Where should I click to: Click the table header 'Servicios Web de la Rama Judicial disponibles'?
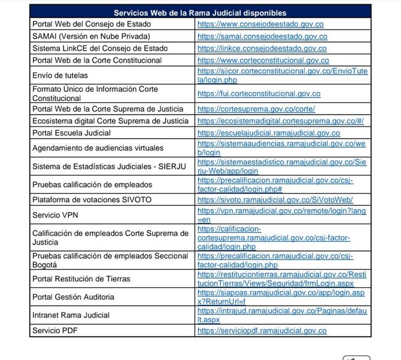click(x=200, y=13)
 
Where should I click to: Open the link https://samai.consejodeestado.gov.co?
click(x=262, y=36)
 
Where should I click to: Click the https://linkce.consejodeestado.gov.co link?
click(x=262, y=49)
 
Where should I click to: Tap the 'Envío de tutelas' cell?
click(x=60, y=75)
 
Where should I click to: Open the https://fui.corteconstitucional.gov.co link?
click(x=258, y=94)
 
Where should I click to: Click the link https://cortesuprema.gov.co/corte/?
click(x=247, y=109)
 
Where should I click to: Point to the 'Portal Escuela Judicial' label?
click(x=72, y=133)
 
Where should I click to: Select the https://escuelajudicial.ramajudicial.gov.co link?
click(x=268, y=133)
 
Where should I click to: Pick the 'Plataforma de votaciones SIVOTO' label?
click(x=92, y=200)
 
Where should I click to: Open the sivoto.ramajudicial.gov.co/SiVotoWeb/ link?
click(x=275, y=200)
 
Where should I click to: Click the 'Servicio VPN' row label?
click(x=56, y=215)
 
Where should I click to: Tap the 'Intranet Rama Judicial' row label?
click(x=71, y=315)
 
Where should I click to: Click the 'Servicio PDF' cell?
click(x=55, y=331)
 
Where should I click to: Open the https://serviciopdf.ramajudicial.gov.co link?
click(x=262, y=331)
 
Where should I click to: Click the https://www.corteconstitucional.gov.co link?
click(x=263, y=60)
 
